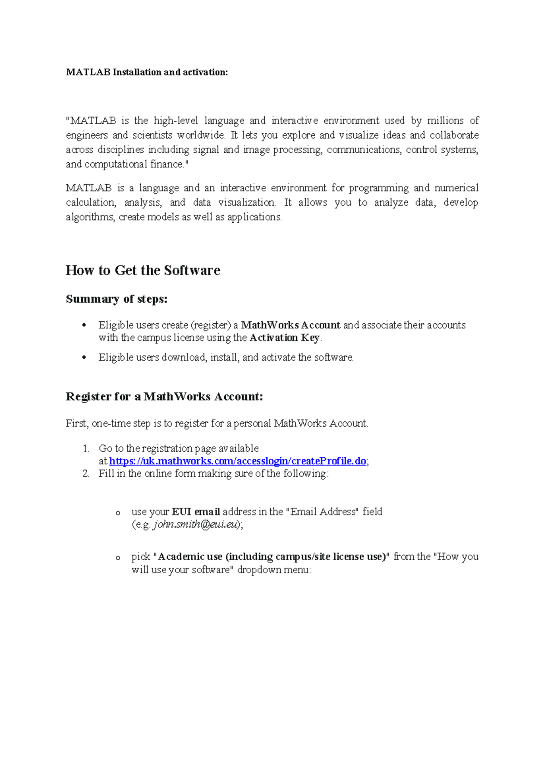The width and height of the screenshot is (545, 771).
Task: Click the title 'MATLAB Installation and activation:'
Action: click(x=147, y=72)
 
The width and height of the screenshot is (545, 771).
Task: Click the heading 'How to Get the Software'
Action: click(x=143, y=270)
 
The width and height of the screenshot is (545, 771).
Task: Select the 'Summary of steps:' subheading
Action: click(x=117, y=299)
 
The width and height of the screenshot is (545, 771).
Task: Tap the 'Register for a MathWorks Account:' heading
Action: click(x=164, y=396)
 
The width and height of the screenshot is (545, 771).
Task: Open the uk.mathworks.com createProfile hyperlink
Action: click(x=238, y=461)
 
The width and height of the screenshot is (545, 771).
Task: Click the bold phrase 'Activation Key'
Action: click(x=285, y=338)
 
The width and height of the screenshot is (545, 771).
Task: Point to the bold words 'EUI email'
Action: click(x=196, y=511)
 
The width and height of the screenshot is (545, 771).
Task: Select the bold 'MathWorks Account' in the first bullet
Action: click(x=291, y=325)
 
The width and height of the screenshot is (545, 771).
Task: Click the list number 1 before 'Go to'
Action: click(x=86, y=448)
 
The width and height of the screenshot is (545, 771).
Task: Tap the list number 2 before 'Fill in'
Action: click(x=86, y=474)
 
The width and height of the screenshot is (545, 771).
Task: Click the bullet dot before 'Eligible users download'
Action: click(x=84, y=358)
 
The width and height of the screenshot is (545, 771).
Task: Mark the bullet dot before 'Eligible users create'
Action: click(x=84, y=325)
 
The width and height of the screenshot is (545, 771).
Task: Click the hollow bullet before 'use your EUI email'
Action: click(x=118, y=513)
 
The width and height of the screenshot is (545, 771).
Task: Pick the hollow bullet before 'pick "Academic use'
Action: click(x=118, y=558)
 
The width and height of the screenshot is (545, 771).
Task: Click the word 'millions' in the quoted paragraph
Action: click(x=445, y=120)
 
